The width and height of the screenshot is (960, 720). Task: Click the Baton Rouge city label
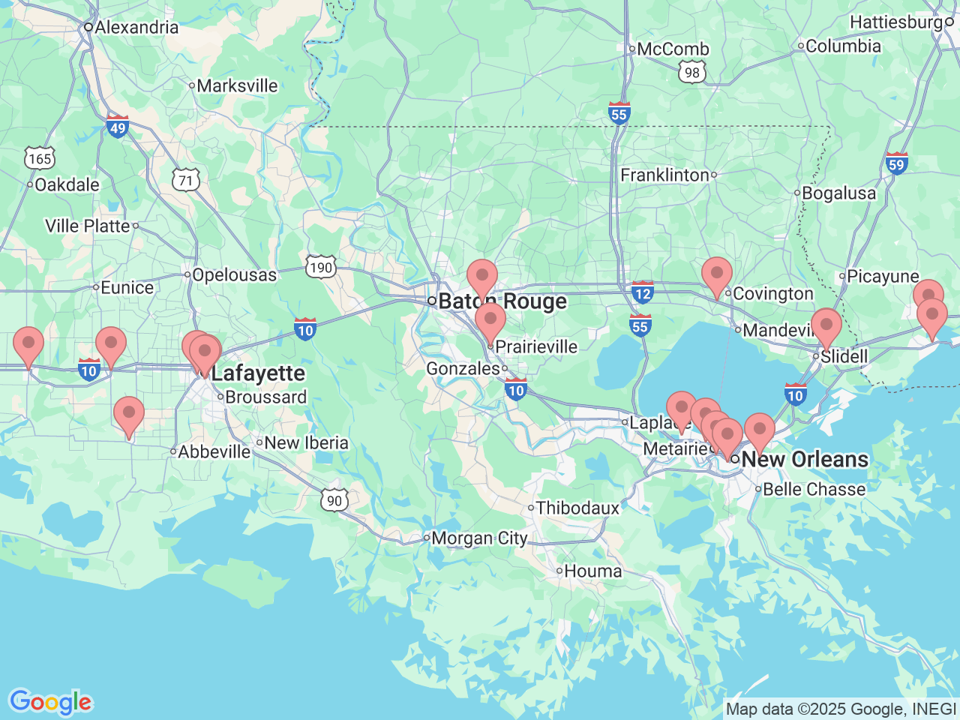tap(502, 301)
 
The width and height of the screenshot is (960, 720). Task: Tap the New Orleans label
tap(805, 459)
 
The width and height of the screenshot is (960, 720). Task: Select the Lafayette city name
tap(258, 373)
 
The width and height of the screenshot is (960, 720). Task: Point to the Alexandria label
tap(136, 28)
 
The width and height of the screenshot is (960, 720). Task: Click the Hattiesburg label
tap(895, 22)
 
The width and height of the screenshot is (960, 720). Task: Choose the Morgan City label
tap(479, 538)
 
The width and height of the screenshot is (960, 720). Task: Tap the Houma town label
tap(592, 571)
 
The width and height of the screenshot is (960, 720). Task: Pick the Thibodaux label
tap(577, 508)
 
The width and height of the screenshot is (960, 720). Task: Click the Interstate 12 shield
tap(642, 292)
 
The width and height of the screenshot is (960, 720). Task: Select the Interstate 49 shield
tap(117, 127)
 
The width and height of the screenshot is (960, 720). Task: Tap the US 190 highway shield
tap(320, 268)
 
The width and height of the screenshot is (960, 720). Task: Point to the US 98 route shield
tap(691, 72)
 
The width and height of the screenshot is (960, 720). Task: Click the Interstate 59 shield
tap(896, 163)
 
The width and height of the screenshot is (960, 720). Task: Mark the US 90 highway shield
tap(334, 501)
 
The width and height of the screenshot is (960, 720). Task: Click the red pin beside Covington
tap(716, 274)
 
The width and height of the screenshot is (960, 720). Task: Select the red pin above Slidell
tap(826, 326)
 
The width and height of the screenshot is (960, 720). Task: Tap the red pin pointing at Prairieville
tap(490, 321)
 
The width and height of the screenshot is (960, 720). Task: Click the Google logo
tap(50, 703)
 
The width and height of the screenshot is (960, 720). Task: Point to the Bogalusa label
tap(838, 193)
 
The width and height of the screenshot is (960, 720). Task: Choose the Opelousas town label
tap(234, 275)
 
